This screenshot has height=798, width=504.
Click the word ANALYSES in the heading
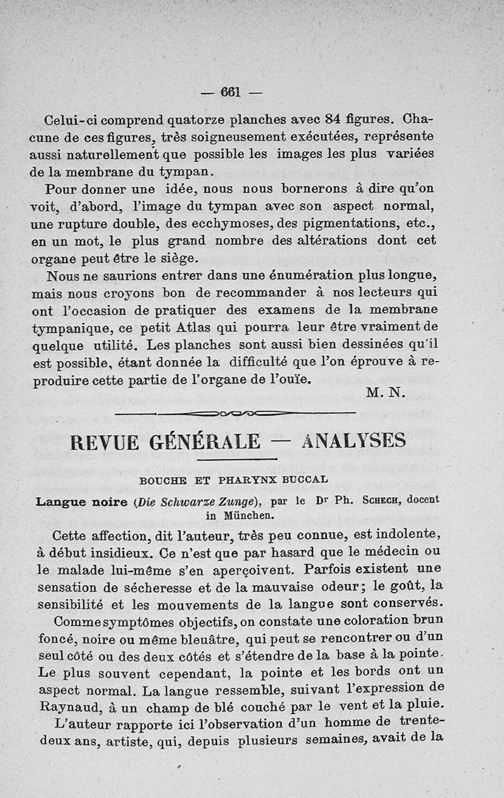[x=353, y=441]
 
